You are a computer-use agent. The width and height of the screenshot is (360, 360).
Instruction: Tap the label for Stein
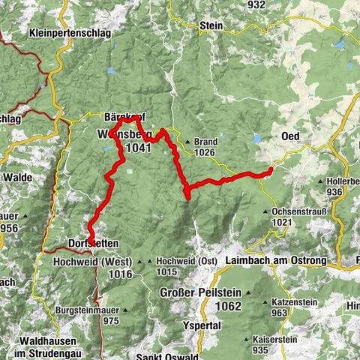(211, 25)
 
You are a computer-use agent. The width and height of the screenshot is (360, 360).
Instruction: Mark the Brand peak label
(205, 142)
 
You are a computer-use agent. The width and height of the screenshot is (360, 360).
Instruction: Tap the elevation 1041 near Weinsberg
(139, 148)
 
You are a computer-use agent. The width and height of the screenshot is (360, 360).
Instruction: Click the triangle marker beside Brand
(187, 142)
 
